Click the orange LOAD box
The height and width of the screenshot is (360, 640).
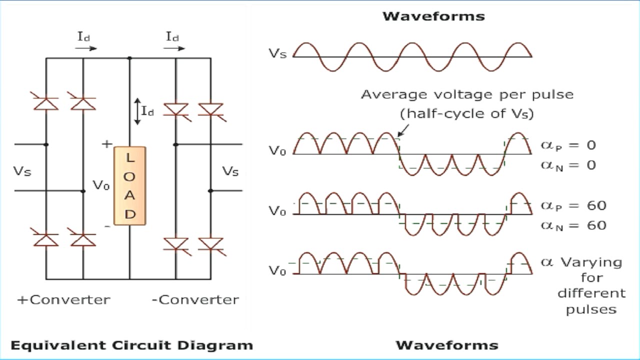click(x=130, y=185)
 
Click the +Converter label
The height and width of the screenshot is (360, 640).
click(x=63, y=299)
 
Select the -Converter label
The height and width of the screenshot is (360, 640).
click(x=195, y=299)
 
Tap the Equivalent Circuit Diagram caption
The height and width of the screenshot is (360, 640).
click(x=131, y=345)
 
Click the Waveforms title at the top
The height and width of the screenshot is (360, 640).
click(x=433, y=16)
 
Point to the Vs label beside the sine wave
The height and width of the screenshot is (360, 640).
click(x=277, y=53)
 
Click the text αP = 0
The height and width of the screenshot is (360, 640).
click(x=568, y=145)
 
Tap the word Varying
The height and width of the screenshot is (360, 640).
click(x=591, y=262)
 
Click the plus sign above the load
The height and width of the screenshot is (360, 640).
click(x=107, y=144)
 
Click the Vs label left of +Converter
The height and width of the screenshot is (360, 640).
click(x=22, y=171)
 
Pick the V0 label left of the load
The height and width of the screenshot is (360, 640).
click(x=101, y=185)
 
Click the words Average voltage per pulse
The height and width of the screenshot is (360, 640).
click(x=467, y=94)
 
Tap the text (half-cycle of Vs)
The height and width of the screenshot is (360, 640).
click(x=467, y=114)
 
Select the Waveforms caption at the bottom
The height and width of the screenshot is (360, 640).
click(x=446, y=345)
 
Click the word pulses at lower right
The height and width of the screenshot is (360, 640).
click(x=591, y=309)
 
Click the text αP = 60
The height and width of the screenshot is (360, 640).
click(x=573, y=205)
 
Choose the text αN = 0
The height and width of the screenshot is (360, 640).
click(x=568, y=165)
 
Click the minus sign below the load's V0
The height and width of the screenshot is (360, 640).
click(x=107, y=226)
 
